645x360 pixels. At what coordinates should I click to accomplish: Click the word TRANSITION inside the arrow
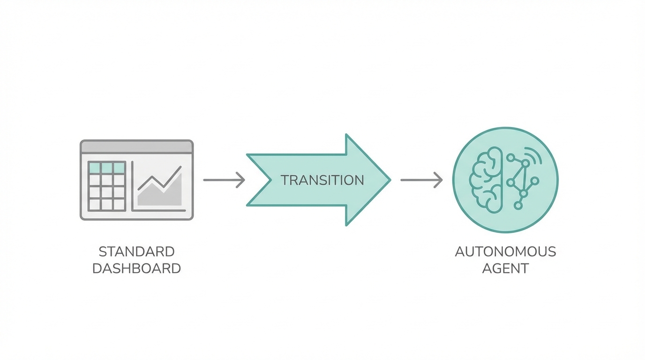(322, 180)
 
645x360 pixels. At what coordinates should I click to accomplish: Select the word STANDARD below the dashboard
(136, 252)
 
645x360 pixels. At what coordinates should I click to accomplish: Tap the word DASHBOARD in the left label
(136, 269)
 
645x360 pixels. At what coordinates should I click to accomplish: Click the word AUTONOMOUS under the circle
(505, 252)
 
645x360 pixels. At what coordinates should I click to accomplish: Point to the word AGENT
(505, 269)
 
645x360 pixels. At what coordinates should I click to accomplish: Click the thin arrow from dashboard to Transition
(224, 180)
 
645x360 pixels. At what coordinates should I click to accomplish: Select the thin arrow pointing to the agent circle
(421, 180)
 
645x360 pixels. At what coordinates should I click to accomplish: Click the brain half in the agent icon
(487, 180)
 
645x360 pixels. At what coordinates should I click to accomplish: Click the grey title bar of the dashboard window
(136, 147)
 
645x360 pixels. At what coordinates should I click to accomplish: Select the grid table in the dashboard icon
(107, 186)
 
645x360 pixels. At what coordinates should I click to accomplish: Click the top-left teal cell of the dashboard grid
(95, 167)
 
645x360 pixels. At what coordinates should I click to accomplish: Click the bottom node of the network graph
(518, 205)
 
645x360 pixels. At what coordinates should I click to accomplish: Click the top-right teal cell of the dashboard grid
(119, 167)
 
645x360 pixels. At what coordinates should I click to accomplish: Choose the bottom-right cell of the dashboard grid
(119, 204)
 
